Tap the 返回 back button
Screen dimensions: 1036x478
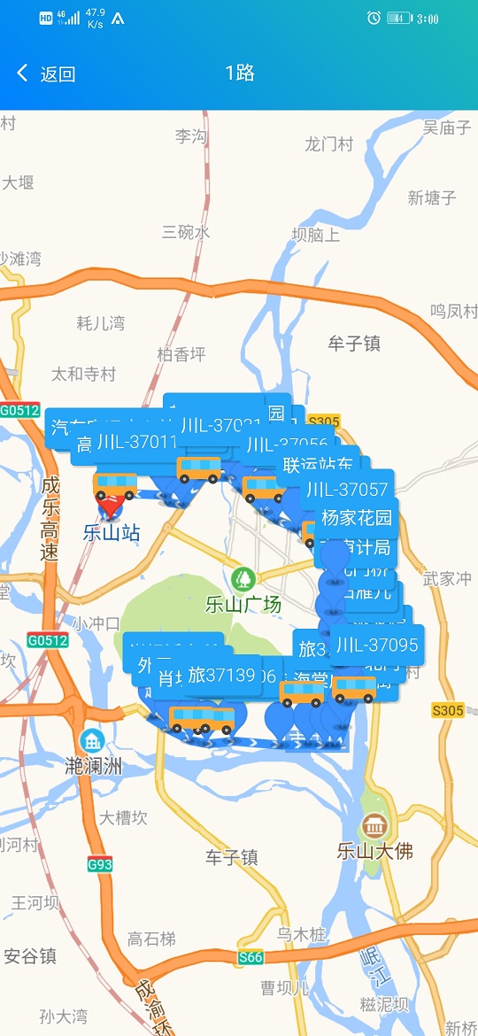point(46,73)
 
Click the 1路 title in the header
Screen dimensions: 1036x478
point(240,73)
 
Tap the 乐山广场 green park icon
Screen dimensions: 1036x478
point(243,580)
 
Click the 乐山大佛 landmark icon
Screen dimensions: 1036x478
point(375,826)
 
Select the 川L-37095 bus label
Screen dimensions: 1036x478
point(376,645)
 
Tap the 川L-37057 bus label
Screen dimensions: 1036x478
point(347,489)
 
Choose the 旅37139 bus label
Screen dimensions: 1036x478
point(221,676)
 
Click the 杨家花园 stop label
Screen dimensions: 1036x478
point(356,518)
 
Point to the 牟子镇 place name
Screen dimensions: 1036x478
point(354,344)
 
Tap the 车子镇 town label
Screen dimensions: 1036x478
point(232,857)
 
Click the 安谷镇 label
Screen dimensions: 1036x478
point(30,955)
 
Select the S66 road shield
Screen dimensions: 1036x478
point(251,957)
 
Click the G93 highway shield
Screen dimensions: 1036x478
point(100,863)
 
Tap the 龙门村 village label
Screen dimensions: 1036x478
point(328,144)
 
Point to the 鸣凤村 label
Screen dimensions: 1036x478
point(453,312)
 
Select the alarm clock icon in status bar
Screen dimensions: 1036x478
point(374,18)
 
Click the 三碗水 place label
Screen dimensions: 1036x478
point(186,232)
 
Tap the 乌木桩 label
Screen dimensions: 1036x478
point(302,934)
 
